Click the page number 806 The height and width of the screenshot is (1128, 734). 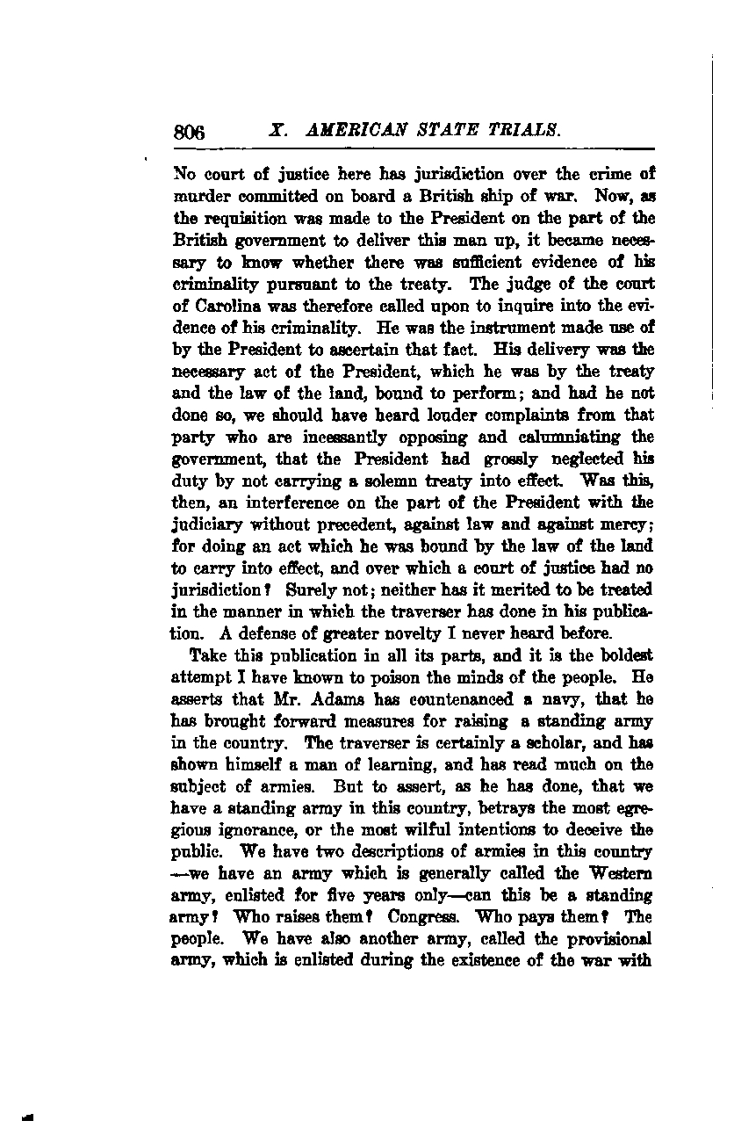pos(189,133)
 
